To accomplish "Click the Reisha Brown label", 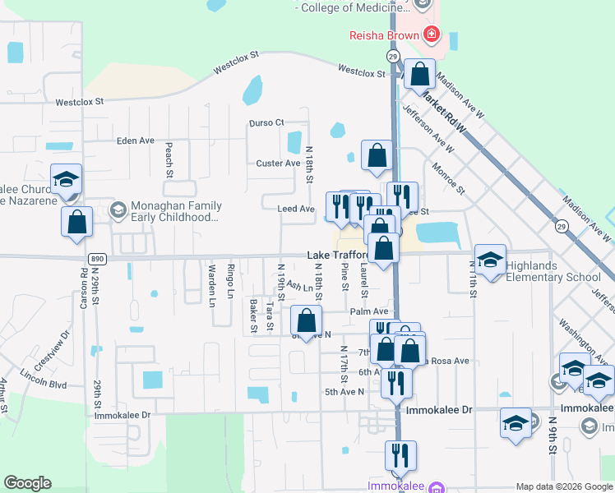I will [x=379, y=35].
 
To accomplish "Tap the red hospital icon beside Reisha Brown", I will [x=430, y=35].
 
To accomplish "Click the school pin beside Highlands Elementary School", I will [x=491, y=260].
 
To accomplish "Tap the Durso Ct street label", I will [x=266, y=123].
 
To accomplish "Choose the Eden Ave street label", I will [x=136, y=141].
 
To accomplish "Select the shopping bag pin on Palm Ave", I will [x=306, y=320].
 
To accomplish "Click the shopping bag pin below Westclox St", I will [x=419, y=74].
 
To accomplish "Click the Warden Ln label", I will [x=212, y=286].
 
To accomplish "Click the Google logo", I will [x=27, y=483].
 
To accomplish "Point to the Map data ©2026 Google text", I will [x=564, y=486].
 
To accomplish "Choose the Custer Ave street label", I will [x=278, y=164].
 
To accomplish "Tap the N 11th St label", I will [x=473, y=279].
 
